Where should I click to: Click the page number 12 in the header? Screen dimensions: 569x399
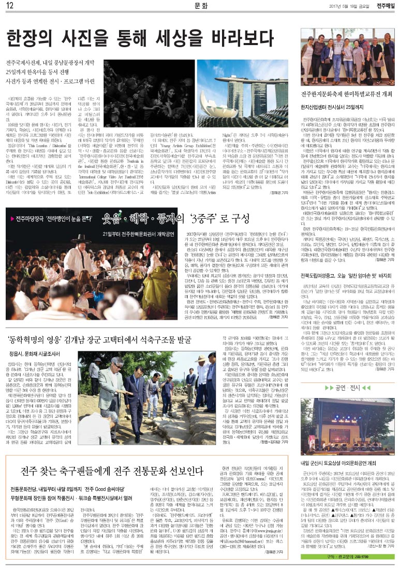(x=10, y=6)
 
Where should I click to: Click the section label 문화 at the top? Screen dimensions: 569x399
(x=201, y=6)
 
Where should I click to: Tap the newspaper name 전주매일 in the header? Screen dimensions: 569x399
(x=385, y=6)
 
